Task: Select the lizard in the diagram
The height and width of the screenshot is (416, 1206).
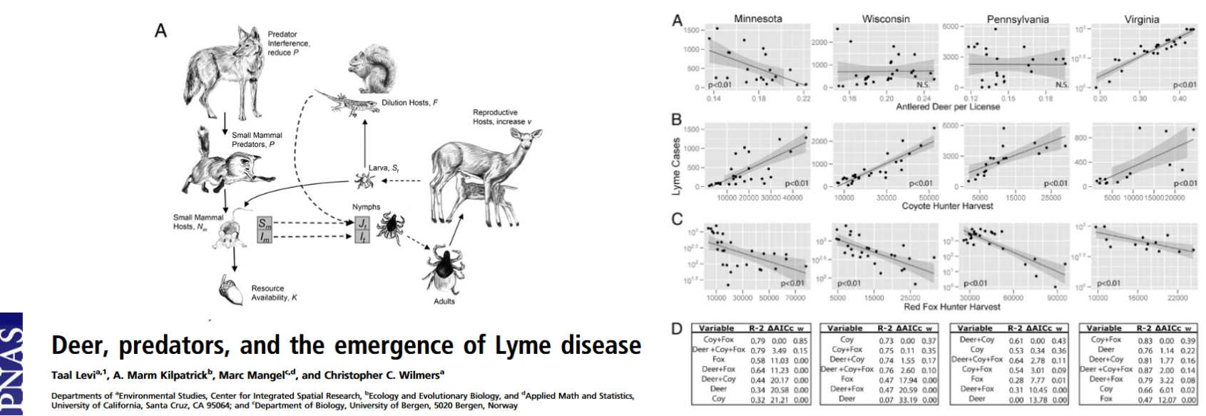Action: [340, 101]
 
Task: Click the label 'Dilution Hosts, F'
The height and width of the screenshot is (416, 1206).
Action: [409, 103]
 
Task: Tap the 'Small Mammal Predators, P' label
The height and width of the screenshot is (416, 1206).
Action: [257, 139]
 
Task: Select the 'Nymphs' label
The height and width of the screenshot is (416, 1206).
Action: [366, 207]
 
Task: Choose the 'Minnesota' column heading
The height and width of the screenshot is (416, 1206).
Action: [757, 19]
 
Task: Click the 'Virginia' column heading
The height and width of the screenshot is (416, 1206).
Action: [1141, 19]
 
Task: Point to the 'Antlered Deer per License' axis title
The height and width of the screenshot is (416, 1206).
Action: [948, 107]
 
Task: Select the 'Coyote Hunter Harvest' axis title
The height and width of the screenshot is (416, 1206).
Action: [947, 206]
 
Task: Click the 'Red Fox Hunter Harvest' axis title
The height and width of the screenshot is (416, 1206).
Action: [951, 307]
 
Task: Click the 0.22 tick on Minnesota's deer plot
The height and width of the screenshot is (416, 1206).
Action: [803, 98]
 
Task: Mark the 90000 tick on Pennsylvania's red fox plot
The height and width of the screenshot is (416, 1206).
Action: [1056, 298]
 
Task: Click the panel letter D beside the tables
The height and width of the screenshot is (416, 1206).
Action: [676, 328]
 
